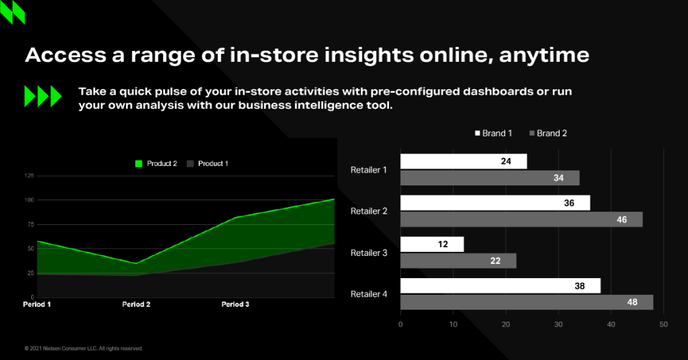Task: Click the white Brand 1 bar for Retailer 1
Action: pyautogui.click(x=464, y=161)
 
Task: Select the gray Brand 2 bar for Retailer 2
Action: pyautogui.click(x=521, y=219)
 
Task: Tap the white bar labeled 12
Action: pyautogui.click(x=432, y=244)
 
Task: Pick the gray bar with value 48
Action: pyautogui.click(x=527, y=302)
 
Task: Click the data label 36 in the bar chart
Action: pyautogui.click(x=569, y=203)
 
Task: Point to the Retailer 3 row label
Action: pyautogui.click(x=369, y=253)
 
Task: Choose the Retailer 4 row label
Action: pyautogui.click(x=369, y=294)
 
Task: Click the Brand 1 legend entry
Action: pyautogui.click(x=493, y=133)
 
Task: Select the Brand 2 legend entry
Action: pyautogui.click(x=548, y=133)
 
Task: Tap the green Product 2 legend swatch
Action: pyautogui.click(x=138, y=164)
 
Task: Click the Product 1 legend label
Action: pyautogui.click(x=213, y=164)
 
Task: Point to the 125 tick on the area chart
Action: pyautogui.click(x=29, y=176)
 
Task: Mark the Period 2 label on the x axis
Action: pyautogui.click(x=136, y=304)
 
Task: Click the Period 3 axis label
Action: pyautogui.click(x=235, y=304)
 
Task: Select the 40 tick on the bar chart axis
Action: pyautogui.click(x=611, y=324)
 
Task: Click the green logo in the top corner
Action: pyautogui.click(x=13, y=12)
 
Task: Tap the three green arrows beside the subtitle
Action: pyautogui.click(x=42, y=96)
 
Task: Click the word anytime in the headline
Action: pyautogui.click(x=544, y=56)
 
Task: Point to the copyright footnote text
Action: pyautogui.click(x=83, y=349)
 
